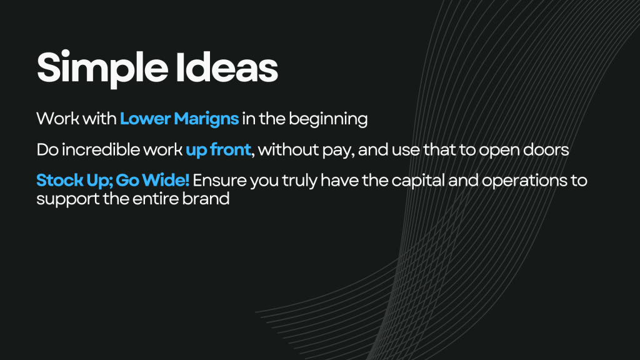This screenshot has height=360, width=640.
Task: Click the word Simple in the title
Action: click(102, 68)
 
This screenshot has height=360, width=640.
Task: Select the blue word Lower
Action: click(145, 119)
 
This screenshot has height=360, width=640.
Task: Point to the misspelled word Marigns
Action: click(206, 119)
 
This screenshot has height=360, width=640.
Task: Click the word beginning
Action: click(328, 119)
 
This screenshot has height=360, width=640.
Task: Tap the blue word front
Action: click(230, 150)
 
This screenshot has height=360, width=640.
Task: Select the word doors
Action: click(546, 150)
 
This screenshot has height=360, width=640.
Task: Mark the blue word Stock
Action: click(59, 181)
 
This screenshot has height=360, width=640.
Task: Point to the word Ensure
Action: click(219, 181)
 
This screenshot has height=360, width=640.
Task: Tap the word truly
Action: click(299, 181)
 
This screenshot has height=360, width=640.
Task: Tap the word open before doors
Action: click(499, 151)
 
